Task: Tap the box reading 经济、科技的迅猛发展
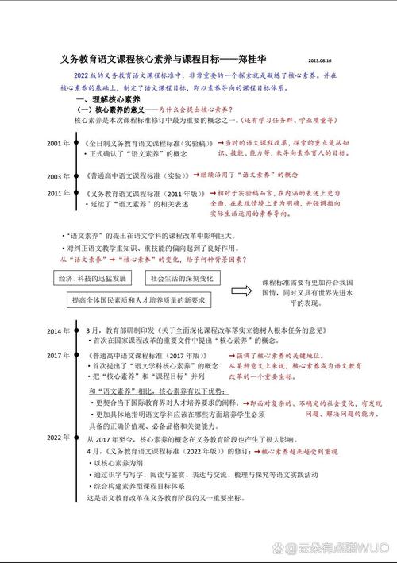92,280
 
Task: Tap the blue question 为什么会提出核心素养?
194,109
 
